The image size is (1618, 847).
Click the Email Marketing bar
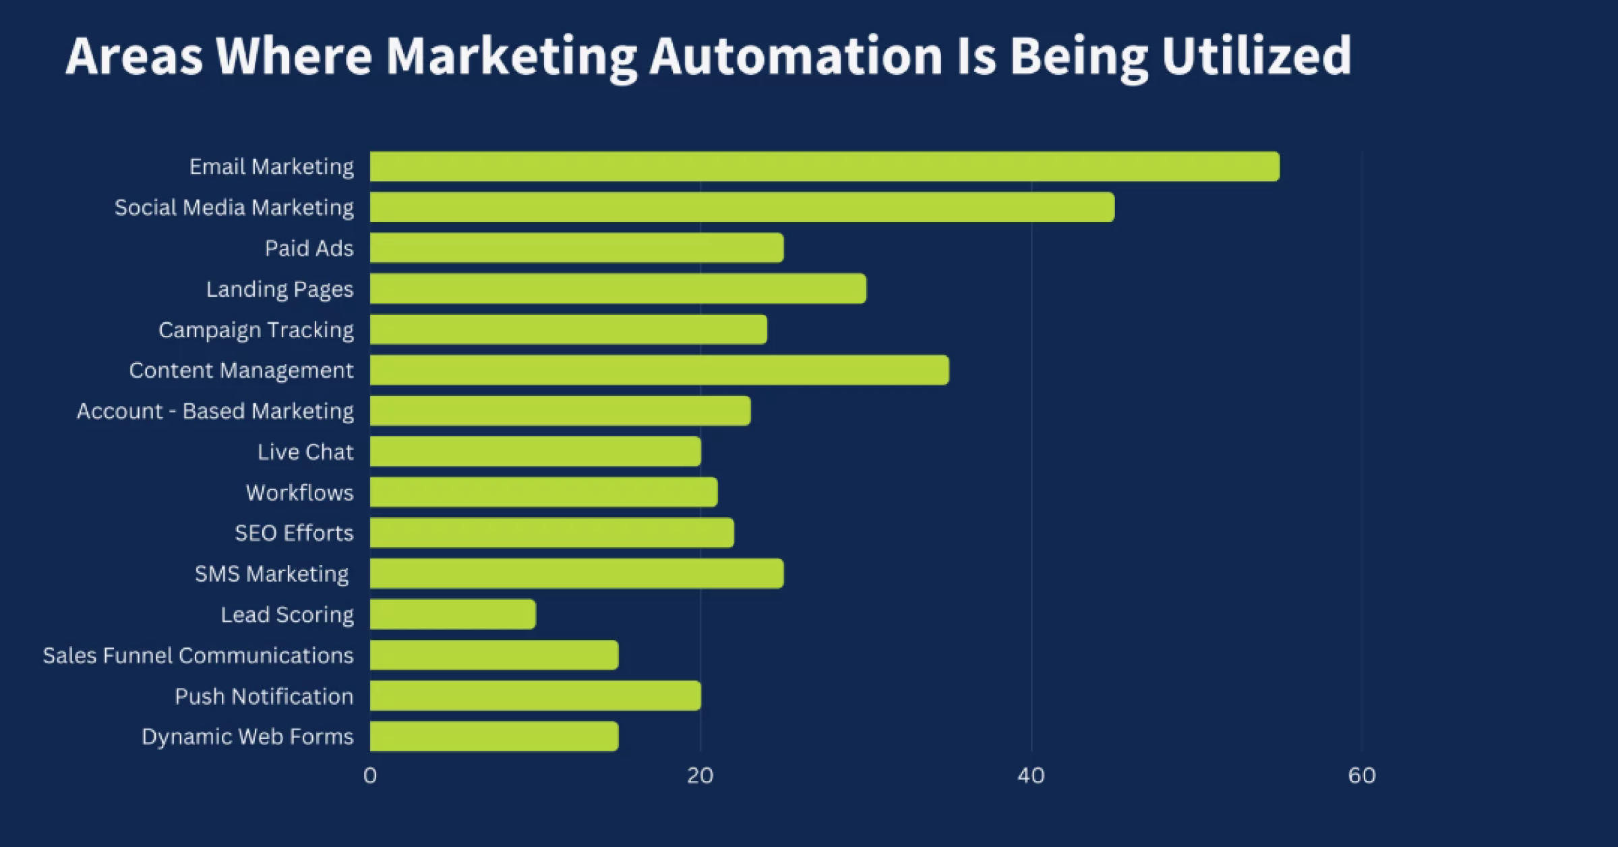[x=824, y=167]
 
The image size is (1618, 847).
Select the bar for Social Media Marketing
[x=742, y=207]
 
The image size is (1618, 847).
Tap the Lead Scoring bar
[x=453, y=614]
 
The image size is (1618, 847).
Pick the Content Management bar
[x=659, y=370]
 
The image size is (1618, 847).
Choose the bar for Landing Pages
[x=618, y=289]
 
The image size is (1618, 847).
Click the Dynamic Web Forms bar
[x=494, y=736]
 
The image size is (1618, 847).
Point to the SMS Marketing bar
[x=576, y=574]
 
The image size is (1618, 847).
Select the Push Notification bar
[x=535, y=696]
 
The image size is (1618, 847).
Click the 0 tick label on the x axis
[x=370, y=776]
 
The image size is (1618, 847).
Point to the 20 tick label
[x=700, y=776]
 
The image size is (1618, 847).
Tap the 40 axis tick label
[x=1031, y=776]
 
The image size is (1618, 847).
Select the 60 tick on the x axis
[x=1362, y=776]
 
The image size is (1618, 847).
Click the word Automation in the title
[x=796, y=56]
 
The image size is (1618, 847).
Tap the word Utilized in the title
[x=1256, y=56]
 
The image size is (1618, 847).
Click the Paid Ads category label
[x=309, y=248]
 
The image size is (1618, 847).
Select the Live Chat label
[x=305, y=452]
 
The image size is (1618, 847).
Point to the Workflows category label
[x=299, y=493]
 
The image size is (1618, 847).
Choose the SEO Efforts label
[x=294, y=533]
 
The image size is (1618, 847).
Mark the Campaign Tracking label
[x=256, y=330]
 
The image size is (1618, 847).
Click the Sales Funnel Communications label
[x=198, y=655]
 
